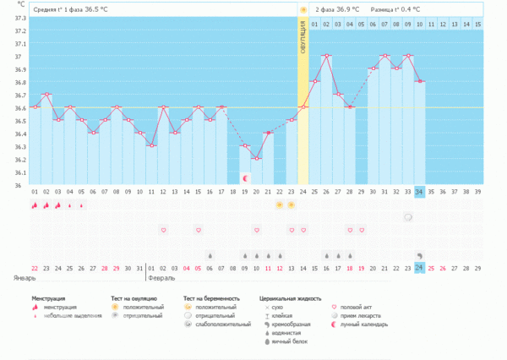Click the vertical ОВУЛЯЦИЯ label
coord(303,39)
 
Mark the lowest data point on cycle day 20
coord(257,158)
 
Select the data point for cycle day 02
coord(46,94)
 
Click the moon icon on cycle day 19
coord(245,178)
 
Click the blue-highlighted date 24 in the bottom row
coord(419,268)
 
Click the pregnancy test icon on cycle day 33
coord(407,217)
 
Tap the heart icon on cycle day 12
coord(163,229)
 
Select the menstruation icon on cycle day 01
coord(35,205)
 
